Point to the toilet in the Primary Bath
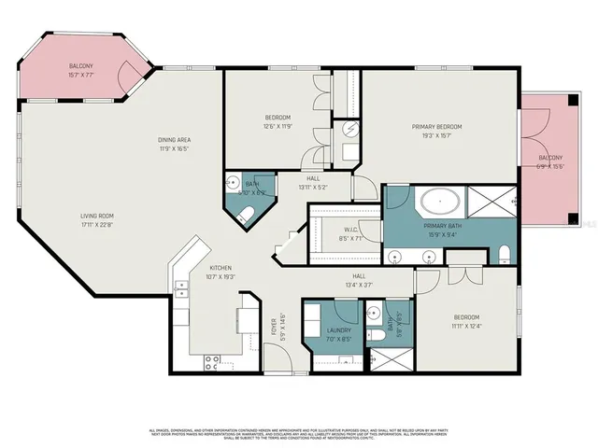coord(504,254)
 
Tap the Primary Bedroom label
coord(437,130)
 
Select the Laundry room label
coord(338,333)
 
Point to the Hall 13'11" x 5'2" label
coord(312,182)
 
